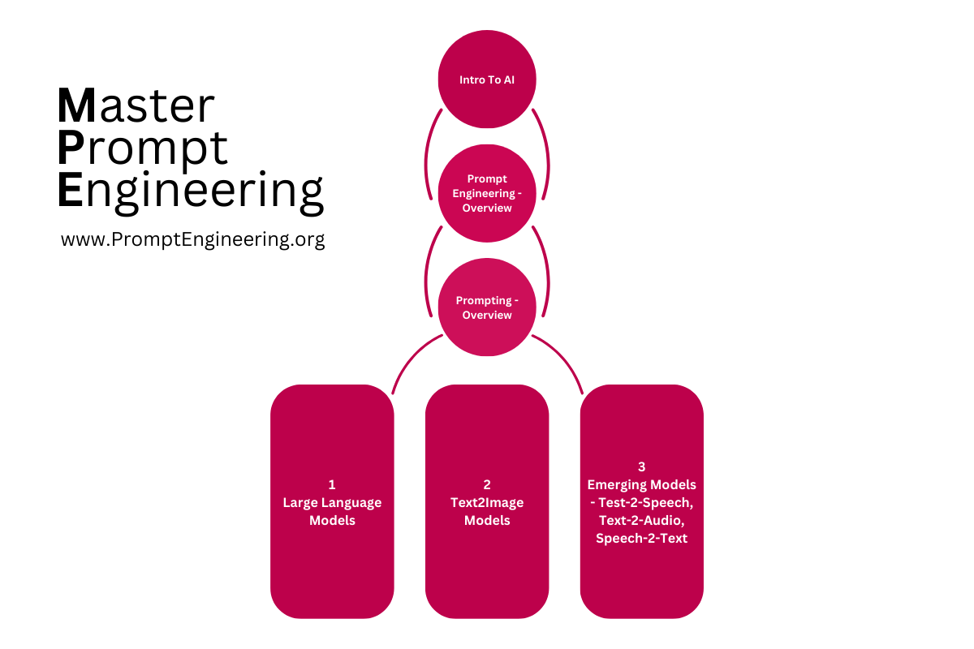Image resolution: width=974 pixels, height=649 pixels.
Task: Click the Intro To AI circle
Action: point(487,80)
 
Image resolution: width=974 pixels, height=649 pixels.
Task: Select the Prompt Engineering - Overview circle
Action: point(487,193)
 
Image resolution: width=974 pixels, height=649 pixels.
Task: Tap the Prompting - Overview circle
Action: point(487,307)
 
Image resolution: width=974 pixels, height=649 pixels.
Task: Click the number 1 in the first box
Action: point(332,484)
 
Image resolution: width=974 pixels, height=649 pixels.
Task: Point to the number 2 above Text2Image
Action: point(487,484)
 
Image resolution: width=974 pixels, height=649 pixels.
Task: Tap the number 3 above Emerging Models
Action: point(642,466)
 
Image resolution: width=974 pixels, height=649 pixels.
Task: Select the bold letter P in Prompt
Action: point(71,148)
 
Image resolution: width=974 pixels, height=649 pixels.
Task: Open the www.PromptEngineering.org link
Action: point(193,239)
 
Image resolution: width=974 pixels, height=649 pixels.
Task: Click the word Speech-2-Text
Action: point(642,538)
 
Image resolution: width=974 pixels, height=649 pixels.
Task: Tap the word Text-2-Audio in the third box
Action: point(642,520)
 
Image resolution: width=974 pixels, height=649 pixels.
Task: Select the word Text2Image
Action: point(487,502)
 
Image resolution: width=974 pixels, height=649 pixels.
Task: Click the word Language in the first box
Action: point(350,502)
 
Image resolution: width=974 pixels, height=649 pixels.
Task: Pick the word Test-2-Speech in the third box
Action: point(646,502)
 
